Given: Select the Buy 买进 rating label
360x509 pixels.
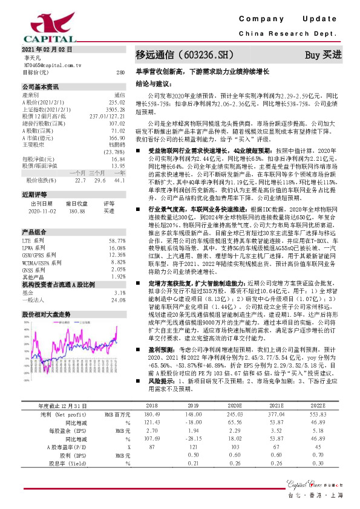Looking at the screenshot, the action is pos(323,54).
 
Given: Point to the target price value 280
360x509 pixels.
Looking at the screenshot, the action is pos(121,71).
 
